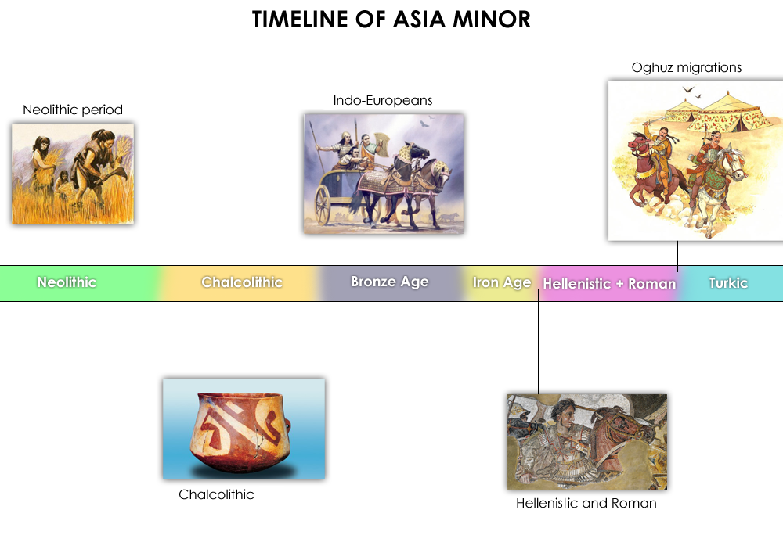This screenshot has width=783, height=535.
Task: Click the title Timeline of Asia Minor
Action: pyautogui.click(x=391, y=20)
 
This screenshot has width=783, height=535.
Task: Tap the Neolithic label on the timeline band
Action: pyautogui.click(x=67, y=282)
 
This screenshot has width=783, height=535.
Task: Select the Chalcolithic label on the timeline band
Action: pyautogui.click(x=242, y=282)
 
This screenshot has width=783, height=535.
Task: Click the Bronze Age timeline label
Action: pyautogui.click(x=389, y=282)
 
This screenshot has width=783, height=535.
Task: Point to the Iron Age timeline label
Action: pyautogui.click(x=501, y=282)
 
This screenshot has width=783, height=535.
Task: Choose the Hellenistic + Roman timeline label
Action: pyautogui.click(x=609, y=284)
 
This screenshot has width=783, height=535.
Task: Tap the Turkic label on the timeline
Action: pyautogui.click(x=728, y=283)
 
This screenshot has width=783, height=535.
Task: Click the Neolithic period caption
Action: pyautogui.click(x=73, y=110)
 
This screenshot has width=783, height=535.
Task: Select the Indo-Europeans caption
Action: pyautogui.click(x=383, y=100)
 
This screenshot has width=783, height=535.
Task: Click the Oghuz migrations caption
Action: pyautogui.click(x=687, y=67)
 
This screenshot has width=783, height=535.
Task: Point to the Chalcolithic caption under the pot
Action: pyautogui.click(x=216, y=494)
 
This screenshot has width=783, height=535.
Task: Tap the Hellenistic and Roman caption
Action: pyautogui.click(x=586, y=503)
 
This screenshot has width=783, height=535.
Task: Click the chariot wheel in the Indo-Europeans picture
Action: pyautogui.click(x=323, y=204)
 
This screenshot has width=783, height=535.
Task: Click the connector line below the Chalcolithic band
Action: pyautogui.click(x=240, y=338)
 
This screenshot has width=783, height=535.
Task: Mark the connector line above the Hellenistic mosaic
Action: pyautogui.click(x=539, y=342)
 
